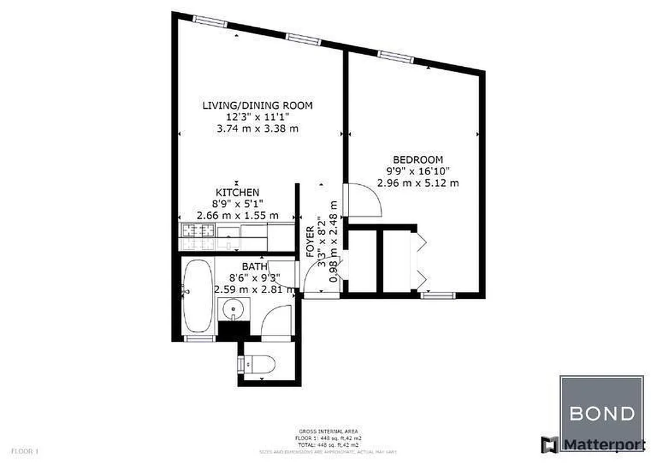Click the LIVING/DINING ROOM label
click(257, 105)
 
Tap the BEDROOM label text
click(418, 159)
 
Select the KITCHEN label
click(237, 192)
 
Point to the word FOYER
click(310, 241)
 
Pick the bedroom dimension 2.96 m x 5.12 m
click(418, 183)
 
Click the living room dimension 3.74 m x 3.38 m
click(257, 128)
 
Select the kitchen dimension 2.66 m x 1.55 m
click(237, 216)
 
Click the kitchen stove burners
click(199, 231)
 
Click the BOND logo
click(601, 413)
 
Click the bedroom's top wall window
click(396, 56)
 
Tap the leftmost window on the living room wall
click(209, 20)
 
